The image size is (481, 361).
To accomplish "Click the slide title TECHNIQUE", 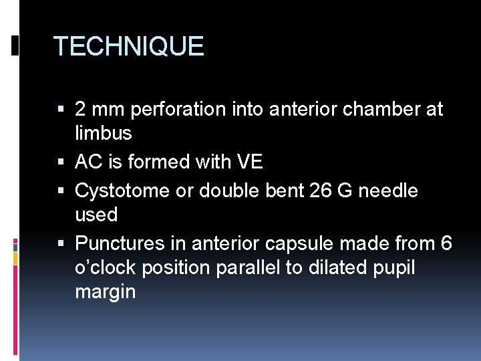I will pos(128,46).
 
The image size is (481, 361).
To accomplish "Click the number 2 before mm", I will pos(81,109).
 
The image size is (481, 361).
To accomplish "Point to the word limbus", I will pos(104,133).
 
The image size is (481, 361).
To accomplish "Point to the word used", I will pos(96,215).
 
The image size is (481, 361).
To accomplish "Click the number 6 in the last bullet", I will pos(446,243).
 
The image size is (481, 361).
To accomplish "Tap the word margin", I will pos(106,293).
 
